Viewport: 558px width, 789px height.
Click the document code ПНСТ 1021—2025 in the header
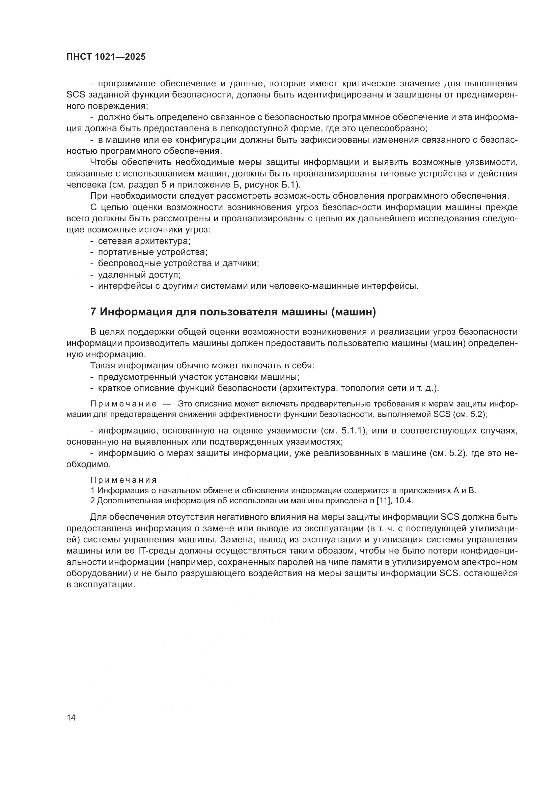pos(106,57)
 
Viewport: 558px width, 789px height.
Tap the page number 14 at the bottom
pos(71,718)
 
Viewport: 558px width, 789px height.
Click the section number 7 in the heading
pos(93,312)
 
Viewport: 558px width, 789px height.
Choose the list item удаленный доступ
pos(139,275)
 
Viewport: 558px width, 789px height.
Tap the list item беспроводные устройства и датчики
pos(178,263)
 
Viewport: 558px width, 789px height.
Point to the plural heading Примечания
pos(123,480)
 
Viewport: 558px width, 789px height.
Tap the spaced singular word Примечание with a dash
pos(123,404)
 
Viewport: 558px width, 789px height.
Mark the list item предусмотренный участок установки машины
pos(199,377)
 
